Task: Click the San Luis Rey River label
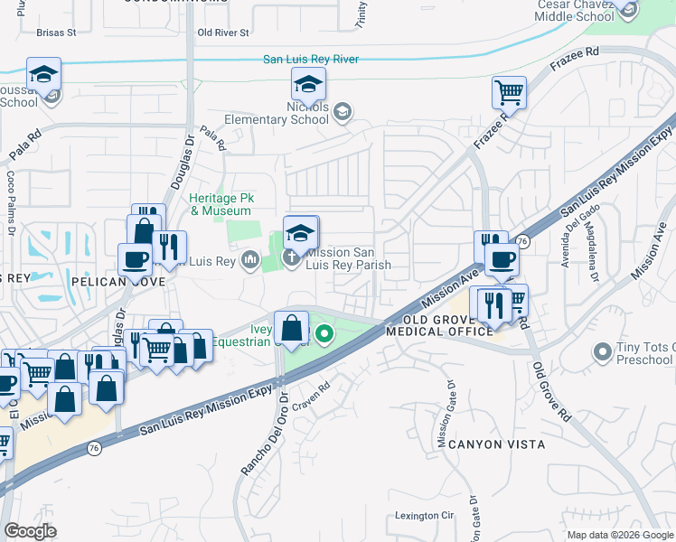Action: click(x=310, y=60)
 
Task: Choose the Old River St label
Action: click(x=222, y=33)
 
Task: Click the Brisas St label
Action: click(x=55, y=33)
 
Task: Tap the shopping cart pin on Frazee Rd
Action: click(x=509, y=91)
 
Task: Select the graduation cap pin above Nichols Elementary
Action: click(x=308, y=84)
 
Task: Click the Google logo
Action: click(x=30, y=531)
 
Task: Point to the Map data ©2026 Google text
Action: click(x=619, y=535)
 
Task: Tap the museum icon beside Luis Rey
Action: click(x=249, y=262)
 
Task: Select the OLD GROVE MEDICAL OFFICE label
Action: click(x=439, y=326)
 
